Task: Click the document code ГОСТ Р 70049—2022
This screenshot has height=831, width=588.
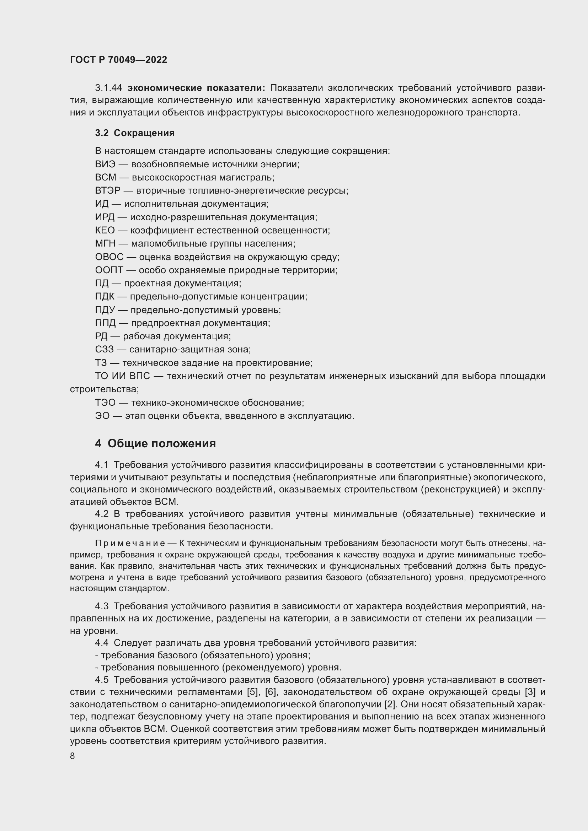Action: coord(118,60)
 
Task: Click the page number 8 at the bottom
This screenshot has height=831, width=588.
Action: coord(73,756)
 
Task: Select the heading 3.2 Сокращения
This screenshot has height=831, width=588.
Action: coord(135,133)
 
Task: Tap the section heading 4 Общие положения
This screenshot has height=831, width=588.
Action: coord(155,443)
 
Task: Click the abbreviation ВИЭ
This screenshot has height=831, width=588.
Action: coord(105,164)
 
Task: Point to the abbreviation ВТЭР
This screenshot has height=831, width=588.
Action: coord(107,191)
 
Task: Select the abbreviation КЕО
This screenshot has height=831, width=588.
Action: coord(105,230)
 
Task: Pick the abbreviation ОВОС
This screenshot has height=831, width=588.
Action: coord(109,257)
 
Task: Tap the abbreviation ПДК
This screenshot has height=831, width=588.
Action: coord(105,296)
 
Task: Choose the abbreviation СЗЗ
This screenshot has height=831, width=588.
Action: coord(104,349)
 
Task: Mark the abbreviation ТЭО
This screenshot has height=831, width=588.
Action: coord(105,403)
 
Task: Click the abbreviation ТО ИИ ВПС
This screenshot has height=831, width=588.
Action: coord(122,376)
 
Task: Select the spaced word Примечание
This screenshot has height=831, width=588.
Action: coord(130,543)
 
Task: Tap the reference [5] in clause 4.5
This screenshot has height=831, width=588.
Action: coord(252,692)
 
